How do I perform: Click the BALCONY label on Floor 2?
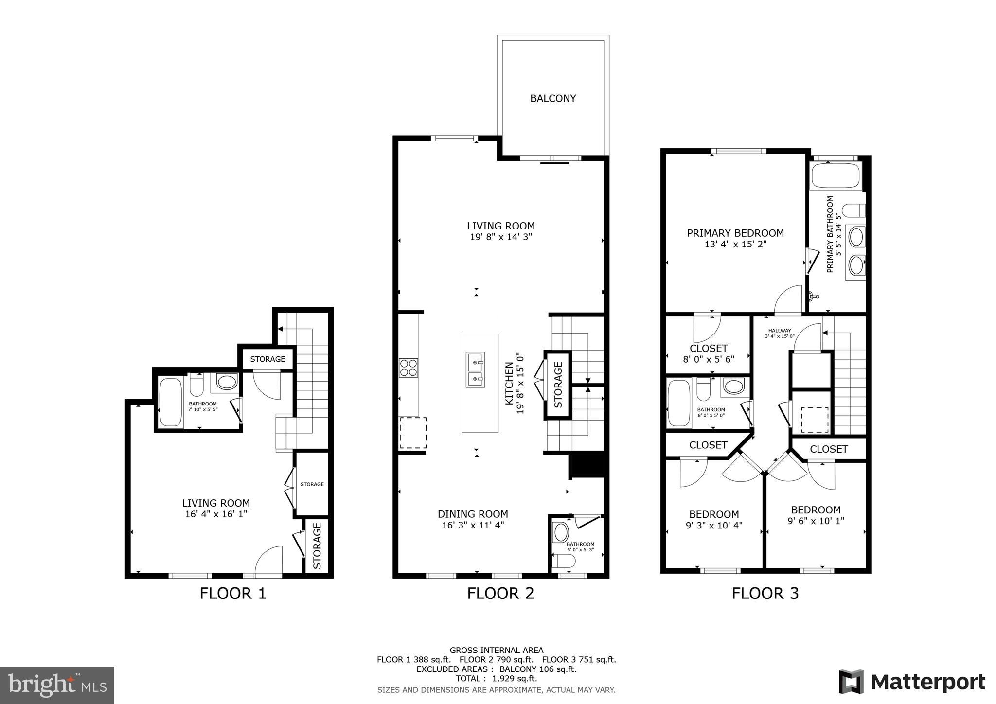coord(553,99)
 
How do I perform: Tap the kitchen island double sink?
coord(475,370)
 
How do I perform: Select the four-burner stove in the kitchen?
coord(409,368)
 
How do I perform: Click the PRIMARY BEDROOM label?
coord(735,233)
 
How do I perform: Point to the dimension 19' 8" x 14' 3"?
coord(501,237)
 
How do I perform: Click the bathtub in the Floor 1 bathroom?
coord(171,402)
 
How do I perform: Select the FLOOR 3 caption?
coord(765,594)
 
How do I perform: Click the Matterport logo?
coord(912,682)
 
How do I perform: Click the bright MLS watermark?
coord(57,685)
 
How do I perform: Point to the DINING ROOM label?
coord(473,514)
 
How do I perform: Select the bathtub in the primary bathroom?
coord(836,176)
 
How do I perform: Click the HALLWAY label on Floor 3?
coord(780,331)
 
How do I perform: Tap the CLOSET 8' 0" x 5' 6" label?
coord(709,353)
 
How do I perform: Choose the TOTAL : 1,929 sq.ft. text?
coord(496,678)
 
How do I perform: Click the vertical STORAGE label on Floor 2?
coord(558,385)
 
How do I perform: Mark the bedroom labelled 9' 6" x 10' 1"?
coord(816,515)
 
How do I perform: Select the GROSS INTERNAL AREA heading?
coord(496,650)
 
